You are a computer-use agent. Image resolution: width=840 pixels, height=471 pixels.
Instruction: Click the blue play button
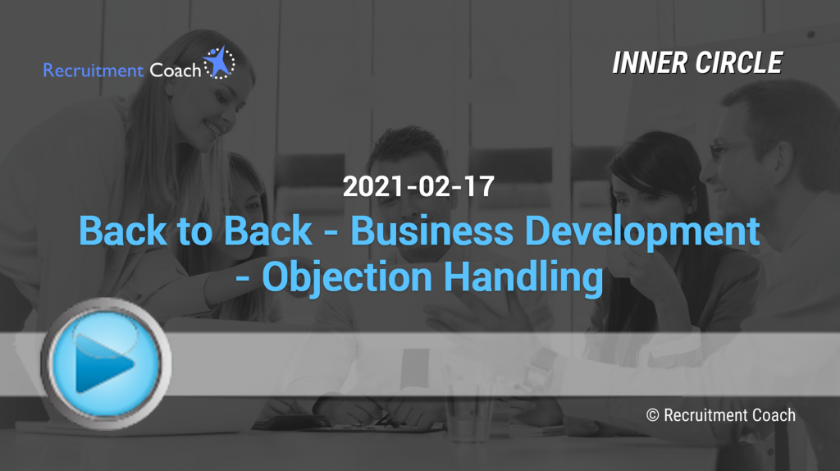(x=106, y=364)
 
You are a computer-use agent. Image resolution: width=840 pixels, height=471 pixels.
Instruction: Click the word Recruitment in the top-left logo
(x=94, y=71)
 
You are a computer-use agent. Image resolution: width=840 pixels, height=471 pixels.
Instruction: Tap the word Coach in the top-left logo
(x=176, y=71)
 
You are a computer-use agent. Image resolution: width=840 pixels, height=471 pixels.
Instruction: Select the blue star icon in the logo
(x=218, y=62)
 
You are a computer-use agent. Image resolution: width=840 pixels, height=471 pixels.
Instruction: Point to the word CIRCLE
(x=739, y=62)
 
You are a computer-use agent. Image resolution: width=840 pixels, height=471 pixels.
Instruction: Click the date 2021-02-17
(x=418, y=186)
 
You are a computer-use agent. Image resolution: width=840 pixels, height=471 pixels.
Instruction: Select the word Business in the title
(x=431, y=231)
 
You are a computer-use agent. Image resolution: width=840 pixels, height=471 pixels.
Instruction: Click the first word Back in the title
(x=123, y=231)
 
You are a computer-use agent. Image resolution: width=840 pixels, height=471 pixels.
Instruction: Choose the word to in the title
(x=195, y=232)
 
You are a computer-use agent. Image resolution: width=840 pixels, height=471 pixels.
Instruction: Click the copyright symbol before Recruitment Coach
(x=652, y=415)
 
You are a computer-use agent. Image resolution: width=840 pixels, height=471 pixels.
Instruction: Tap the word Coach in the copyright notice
(x=774, y=415)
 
